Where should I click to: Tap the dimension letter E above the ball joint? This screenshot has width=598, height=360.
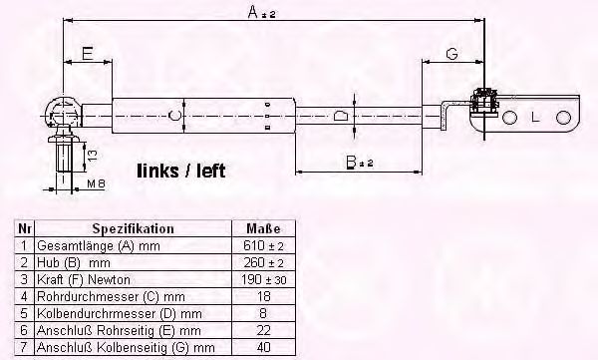[88, 54]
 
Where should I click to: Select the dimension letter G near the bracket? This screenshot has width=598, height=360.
[451, 54]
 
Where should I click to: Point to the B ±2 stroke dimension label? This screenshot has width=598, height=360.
[359, 163]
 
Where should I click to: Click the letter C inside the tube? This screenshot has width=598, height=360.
[174, 115]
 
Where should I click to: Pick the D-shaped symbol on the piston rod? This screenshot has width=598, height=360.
[341, 116]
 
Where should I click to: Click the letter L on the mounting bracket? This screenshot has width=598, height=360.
[535, 118]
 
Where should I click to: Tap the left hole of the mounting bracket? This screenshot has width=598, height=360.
[509, 118]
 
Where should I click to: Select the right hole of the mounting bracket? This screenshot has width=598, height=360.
[563, 118]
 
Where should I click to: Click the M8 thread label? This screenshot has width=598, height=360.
[96, 183]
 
